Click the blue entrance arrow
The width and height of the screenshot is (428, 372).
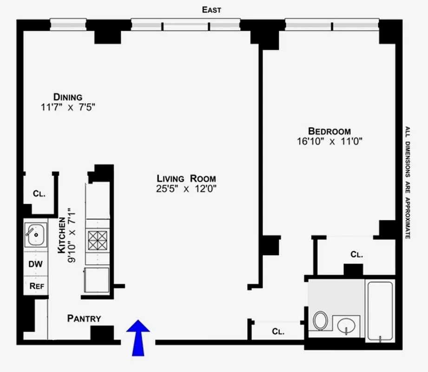click(x=138, y=337)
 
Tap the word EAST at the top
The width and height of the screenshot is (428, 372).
click(x=211, y=10)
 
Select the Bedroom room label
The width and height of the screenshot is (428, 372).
click(x=329, y=131)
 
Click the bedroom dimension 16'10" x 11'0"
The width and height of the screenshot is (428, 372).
click(x=329, y=142)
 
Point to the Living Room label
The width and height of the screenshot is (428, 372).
click(x=186, y=179)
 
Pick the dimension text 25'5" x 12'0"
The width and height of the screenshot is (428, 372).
click(x=186, y=189)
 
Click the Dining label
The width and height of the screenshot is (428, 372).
click(x=68, y=97)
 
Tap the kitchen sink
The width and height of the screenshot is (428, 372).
click(x=35, y=235)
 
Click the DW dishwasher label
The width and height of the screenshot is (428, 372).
click(x=35, y=264)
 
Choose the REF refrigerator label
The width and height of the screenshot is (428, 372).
click(x=36, y=286)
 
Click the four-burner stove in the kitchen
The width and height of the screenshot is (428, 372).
click(x=98, y=241)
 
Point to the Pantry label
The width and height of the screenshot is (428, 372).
click(x=84, y=319)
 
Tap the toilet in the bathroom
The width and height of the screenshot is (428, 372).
click(x=320, y=320)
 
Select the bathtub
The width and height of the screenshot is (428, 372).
click(x=380, y=310)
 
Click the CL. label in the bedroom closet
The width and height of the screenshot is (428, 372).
click(x=356, y=254)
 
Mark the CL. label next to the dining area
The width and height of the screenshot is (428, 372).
click(x=39, y=193)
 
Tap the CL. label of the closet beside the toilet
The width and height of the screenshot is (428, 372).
click(x=278, y=332)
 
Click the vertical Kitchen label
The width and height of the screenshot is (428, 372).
click(x=66, y=236)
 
